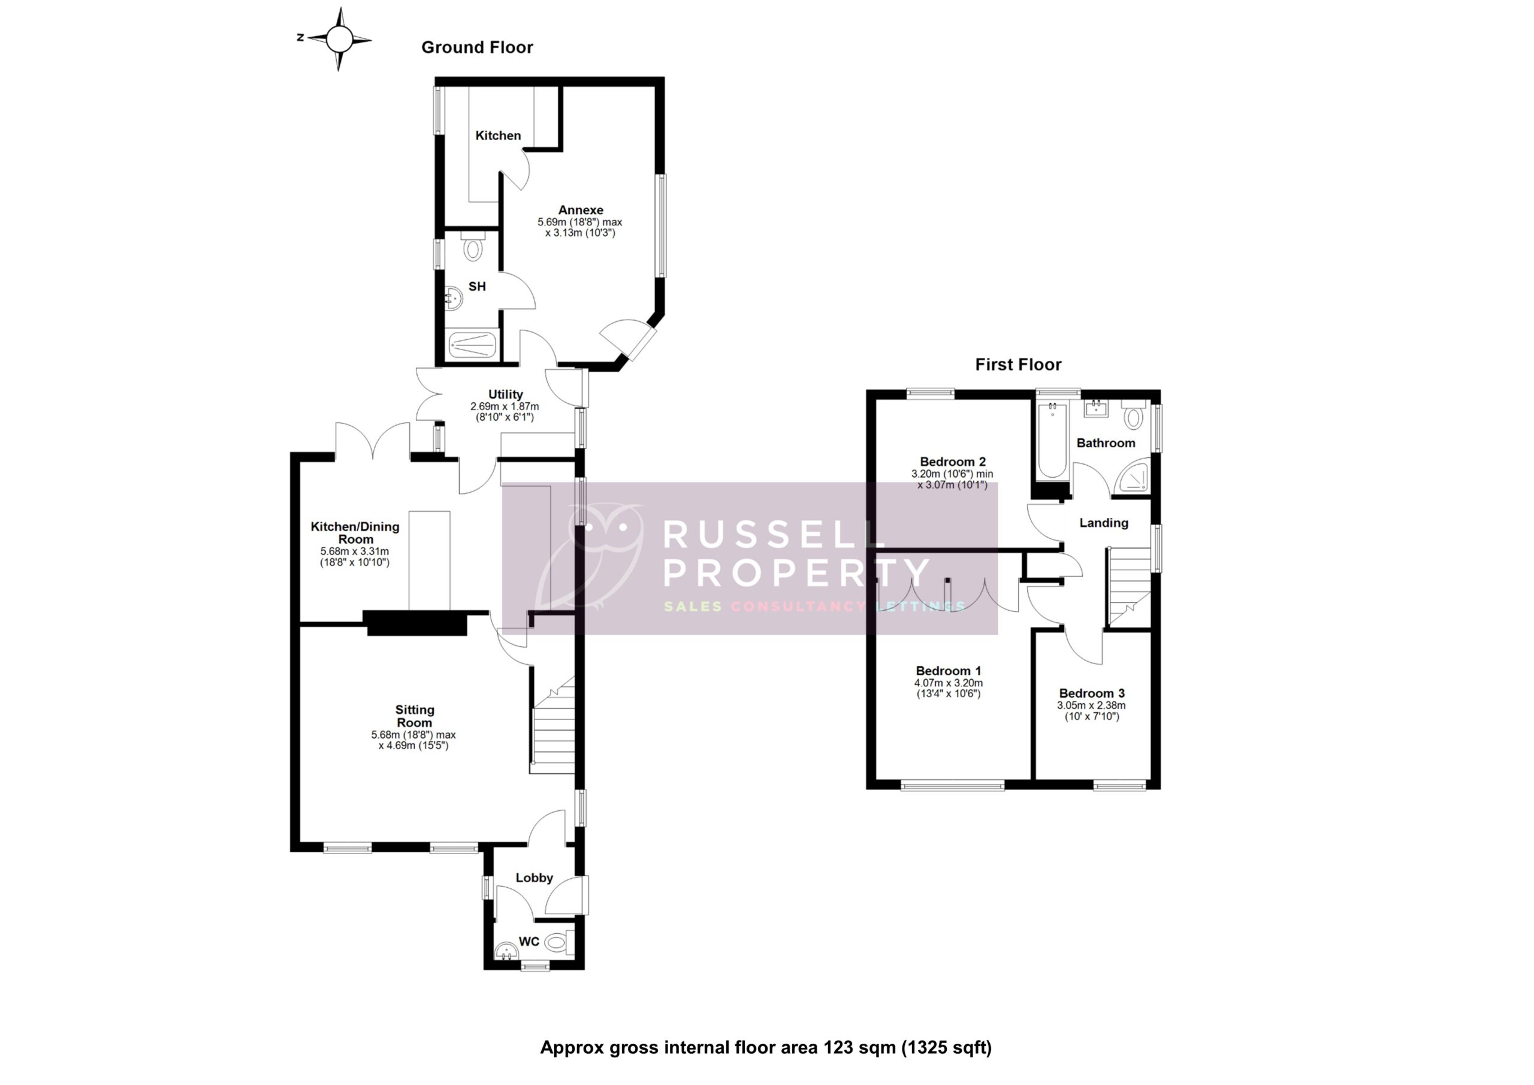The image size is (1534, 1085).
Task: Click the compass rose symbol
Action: coord(339,40)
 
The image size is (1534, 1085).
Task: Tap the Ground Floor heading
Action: coord(477,47)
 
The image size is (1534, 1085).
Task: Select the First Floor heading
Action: coord(1017,364)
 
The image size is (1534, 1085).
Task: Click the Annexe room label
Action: coord(581,210)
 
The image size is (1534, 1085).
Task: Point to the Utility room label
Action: coord(505,394)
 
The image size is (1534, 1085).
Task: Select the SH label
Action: coord(477,287)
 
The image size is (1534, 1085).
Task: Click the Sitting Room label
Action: coord(414,716)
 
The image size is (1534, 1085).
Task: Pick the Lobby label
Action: coord(534,878)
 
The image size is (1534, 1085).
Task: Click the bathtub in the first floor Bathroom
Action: coord(1052,439)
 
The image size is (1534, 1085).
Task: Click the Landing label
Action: coord(1104,523)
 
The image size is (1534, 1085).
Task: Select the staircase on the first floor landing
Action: coord(1129,585)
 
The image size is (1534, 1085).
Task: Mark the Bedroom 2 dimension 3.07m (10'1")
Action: coord(952,485)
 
